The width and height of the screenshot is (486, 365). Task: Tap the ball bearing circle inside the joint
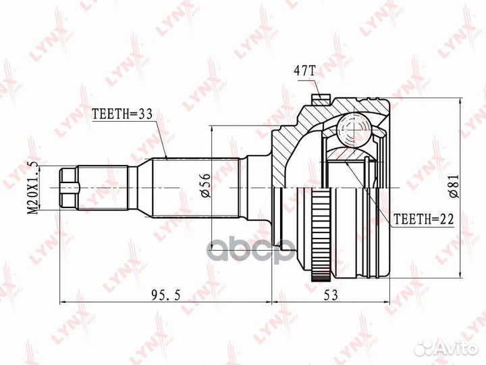(350, 128)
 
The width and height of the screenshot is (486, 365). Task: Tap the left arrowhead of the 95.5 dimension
(63, 299)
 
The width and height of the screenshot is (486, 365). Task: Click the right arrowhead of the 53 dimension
(388, 299)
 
